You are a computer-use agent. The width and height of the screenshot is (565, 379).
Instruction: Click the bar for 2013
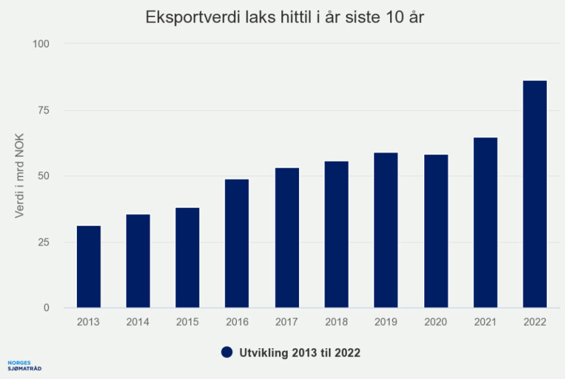(x=88, y=267)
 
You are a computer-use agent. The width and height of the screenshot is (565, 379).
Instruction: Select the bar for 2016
(x=237, y=243)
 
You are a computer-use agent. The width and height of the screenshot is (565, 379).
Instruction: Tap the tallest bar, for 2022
(x=535, y=194)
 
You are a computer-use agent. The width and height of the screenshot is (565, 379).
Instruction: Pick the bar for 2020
(x=436, y=231)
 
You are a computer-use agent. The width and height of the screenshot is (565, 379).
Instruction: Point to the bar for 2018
(x=336, y=234)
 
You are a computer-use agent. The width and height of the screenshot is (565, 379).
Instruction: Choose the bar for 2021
(x=485, y=223)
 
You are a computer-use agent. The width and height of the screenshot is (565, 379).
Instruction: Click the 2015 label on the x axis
(x=187, y=322)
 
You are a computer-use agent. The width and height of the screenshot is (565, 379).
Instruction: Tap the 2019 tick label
(x=386, y=322)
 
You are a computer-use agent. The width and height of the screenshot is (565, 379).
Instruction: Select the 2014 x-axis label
(x=138, y=322)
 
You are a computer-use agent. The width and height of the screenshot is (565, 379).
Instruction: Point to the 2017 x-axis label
(x=287, y=322)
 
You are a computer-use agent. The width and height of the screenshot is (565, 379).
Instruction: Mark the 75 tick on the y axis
(x=44, y=110)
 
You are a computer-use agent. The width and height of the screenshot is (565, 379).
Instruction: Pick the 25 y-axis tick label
(x=44, y=242)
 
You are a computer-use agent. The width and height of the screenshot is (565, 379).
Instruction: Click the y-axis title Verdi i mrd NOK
(x=20, y=176)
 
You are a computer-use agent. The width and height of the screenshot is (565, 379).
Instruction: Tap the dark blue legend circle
(x=227, y=352)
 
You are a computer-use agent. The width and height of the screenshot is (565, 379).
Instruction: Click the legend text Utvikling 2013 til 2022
(x=300, y=353)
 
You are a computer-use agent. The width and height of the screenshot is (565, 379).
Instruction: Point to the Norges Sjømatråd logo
(x=24, y=365)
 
